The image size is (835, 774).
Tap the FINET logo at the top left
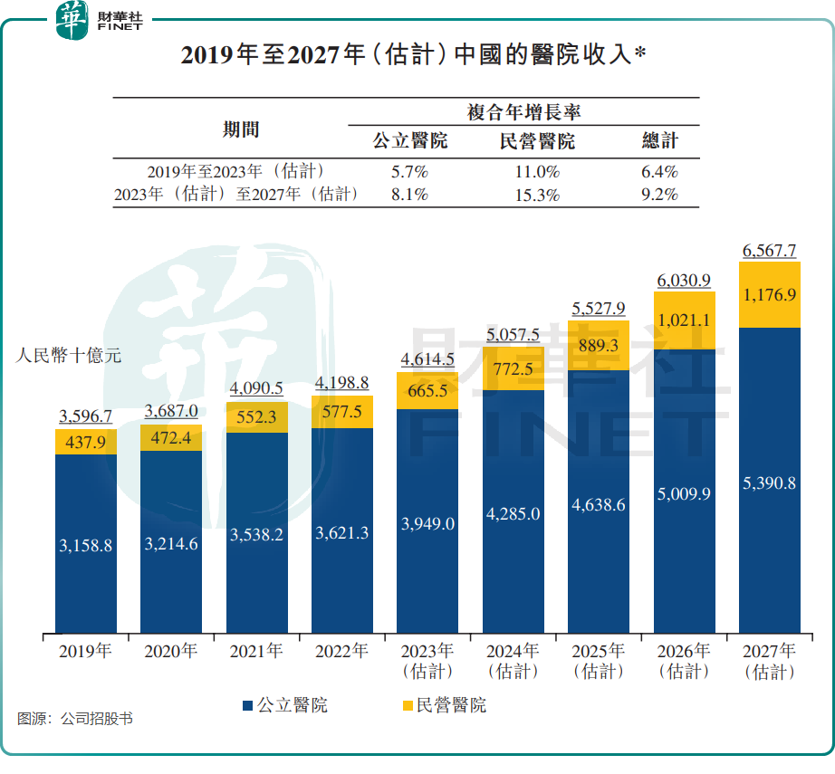(x=99, y=20)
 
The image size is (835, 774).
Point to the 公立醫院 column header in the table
(x=410, y=141)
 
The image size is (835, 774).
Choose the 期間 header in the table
(x=241, y=129)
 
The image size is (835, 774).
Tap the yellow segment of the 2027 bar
(x=770, y=295)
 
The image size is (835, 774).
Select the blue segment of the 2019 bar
(x=86, y=543)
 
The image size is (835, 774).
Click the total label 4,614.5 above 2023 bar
(x=427, y=358)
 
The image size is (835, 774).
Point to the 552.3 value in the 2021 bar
(x=257, y=418)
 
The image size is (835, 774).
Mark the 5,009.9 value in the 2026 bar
(x=684, y=493)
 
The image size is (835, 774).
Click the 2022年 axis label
(x=341, y=651)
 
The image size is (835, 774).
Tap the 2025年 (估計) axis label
(x=598, y=661)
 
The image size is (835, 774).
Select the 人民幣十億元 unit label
(x=69, y=356)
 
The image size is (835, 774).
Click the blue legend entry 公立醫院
(x=284, y=705)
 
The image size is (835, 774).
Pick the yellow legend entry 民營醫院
(x=443, y=705)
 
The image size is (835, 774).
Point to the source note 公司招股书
(x=76, y=720)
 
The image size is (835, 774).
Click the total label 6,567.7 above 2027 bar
(x=769, y=250)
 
